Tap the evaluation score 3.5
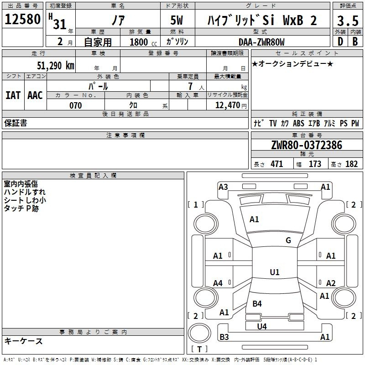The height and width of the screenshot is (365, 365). coord(348,21)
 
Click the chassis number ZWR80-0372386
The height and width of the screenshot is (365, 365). coord(306,145)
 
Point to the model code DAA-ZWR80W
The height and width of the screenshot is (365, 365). coord(261,42)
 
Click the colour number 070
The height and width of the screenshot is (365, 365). coord(75,105)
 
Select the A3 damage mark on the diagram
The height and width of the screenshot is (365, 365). coord(223,187)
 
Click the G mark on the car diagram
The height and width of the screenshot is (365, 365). coord(288,240)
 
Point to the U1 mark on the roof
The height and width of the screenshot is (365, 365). coord(274,272)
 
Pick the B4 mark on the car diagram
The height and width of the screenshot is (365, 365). coord(257,303)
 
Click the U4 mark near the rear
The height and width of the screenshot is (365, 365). coord(262,326)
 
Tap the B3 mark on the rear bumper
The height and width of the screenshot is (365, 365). coord(224,337)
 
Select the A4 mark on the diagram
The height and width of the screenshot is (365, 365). coord(218,283)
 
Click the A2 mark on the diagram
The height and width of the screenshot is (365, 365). coord(331,283)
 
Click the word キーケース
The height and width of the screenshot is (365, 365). coord(23,341)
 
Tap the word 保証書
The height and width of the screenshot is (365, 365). coord(16,123)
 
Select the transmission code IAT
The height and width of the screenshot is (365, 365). coord(13,95)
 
